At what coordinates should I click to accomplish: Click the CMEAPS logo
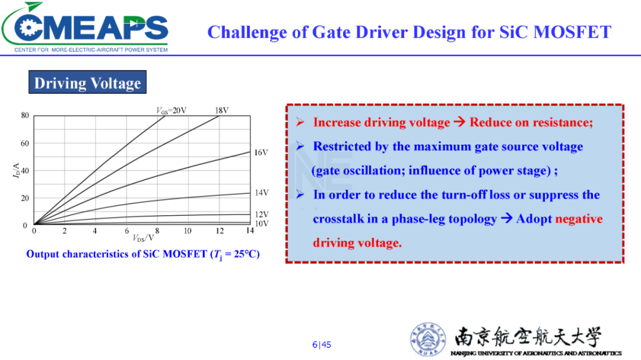[85, 27]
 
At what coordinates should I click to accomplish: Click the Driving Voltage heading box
[87, 82]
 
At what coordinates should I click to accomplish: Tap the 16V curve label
[261, 152]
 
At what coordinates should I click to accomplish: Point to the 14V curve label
[262, 193]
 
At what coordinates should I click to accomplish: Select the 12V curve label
[262, 214]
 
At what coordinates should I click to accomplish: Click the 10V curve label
[262, 224]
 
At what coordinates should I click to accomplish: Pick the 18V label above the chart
[221, 110]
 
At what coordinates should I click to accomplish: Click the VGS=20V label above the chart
[172, 111]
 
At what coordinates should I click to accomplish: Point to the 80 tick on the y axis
[25, 115]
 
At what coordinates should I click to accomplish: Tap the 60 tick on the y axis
[25, 143]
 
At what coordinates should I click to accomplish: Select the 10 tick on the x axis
[187, 231]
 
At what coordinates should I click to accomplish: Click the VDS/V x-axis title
[144, 238]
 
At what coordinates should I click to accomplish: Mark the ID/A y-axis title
[16, 170]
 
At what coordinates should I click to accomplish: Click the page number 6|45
[322, 345]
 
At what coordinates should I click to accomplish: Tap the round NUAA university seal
[428, 339]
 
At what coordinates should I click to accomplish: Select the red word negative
[579, 219]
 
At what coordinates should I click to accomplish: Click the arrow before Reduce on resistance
[459, 122]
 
